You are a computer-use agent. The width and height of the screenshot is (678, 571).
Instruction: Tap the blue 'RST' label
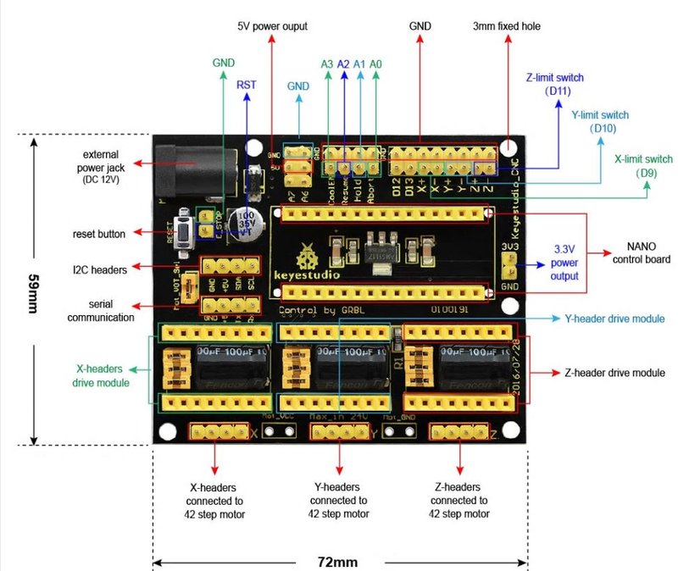coord(247,85)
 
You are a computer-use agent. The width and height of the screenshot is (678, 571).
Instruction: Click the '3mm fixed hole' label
coord(506,26)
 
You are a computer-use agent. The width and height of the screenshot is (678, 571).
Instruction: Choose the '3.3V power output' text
coord(564,263)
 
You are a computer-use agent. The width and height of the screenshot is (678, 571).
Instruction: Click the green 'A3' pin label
coord(327,64)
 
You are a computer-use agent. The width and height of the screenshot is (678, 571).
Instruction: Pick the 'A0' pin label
coord(375,64)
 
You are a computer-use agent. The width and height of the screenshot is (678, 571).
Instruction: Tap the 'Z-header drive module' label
coord(614,373)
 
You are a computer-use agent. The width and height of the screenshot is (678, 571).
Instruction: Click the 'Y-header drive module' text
coord(614,319)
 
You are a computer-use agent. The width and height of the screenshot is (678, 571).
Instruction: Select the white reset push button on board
coord(181,229)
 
